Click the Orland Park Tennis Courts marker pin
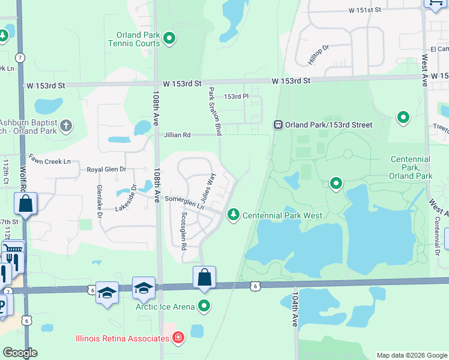pyautogui.click(x=169, y=40)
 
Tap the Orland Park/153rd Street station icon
pyautogui.click(x=278, y=125)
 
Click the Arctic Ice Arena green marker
pyautogui.click(x=205, y=306)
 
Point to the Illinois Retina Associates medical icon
pyautogui.click(x=178, y=338)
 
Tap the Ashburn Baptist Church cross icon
pyautogui.click(x=66, y=126)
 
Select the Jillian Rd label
pyautogui.click(x=177, y=135)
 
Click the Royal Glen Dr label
pyautogui.click(x=106, y=170)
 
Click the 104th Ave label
pyautogui.click(x=295, y=310)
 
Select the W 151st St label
pyautogui.click(x=364, y=10)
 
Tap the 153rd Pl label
pyautogui.click(x=236, y=97)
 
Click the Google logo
pyautogui.click(x=19, y=353)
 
